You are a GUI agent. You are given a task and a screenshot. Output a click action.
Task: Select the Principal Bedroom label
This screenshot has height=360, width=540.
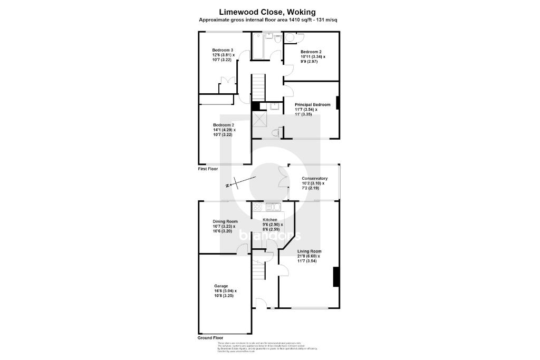click(313, 104)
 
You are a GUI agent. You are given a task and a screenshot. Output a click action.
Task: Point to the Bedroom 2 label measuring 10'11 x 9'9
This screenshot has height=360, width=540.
click(311, 52)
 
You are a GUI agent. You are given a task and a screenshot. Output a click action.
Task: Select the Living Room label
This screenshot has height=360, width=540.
click(309, 251)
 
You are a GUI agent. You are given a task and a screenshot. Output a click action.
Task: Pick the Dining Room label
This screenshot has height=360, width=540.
click(225, 221)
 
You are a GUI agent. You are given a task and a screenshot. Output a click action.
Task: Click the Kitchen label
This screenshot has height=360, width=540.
click(271, 219)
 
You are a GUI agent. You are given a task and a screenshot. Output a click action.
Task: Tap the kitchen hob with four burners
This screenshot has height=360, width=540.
click(257, 207)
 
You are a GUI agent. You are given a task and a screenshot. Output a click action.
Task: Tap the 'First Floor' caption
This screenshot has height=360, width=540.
click(208, 169)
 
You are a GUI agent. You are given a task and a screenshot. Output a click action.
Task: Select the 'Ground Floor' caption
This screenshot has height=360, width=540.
click(210, 338)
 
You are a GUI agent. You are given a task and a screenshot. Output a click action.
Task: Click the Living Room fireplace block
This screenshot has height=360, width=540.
click(335, 277)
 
